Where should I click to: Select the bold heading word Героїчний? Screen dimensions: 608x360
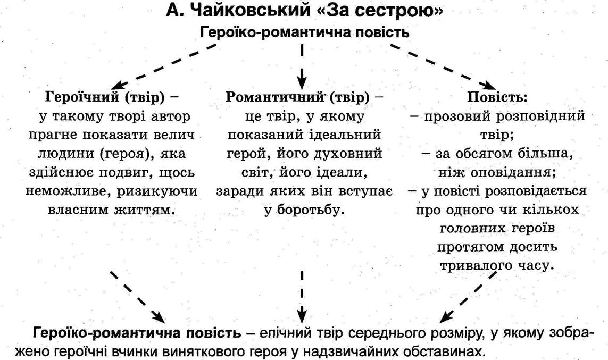point(82,96)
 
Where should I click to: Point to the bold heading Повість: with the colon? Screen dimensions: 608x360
point(497,96)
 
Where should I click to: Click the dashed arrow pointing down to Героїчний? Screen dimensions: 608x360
point(165,66)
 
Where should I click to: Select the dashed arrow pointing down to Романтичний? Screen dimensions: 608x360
point(302,66)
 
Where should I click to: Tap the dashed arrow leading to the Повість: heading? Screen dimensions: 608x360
point(443,66)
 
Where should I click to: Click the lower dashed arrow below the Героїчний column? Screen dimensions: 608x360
point(138,297)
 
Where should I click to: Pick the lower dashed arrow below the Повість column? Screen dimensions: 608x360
point(468,297)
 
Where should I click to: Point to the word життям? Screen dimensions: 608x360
point(145,210)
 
